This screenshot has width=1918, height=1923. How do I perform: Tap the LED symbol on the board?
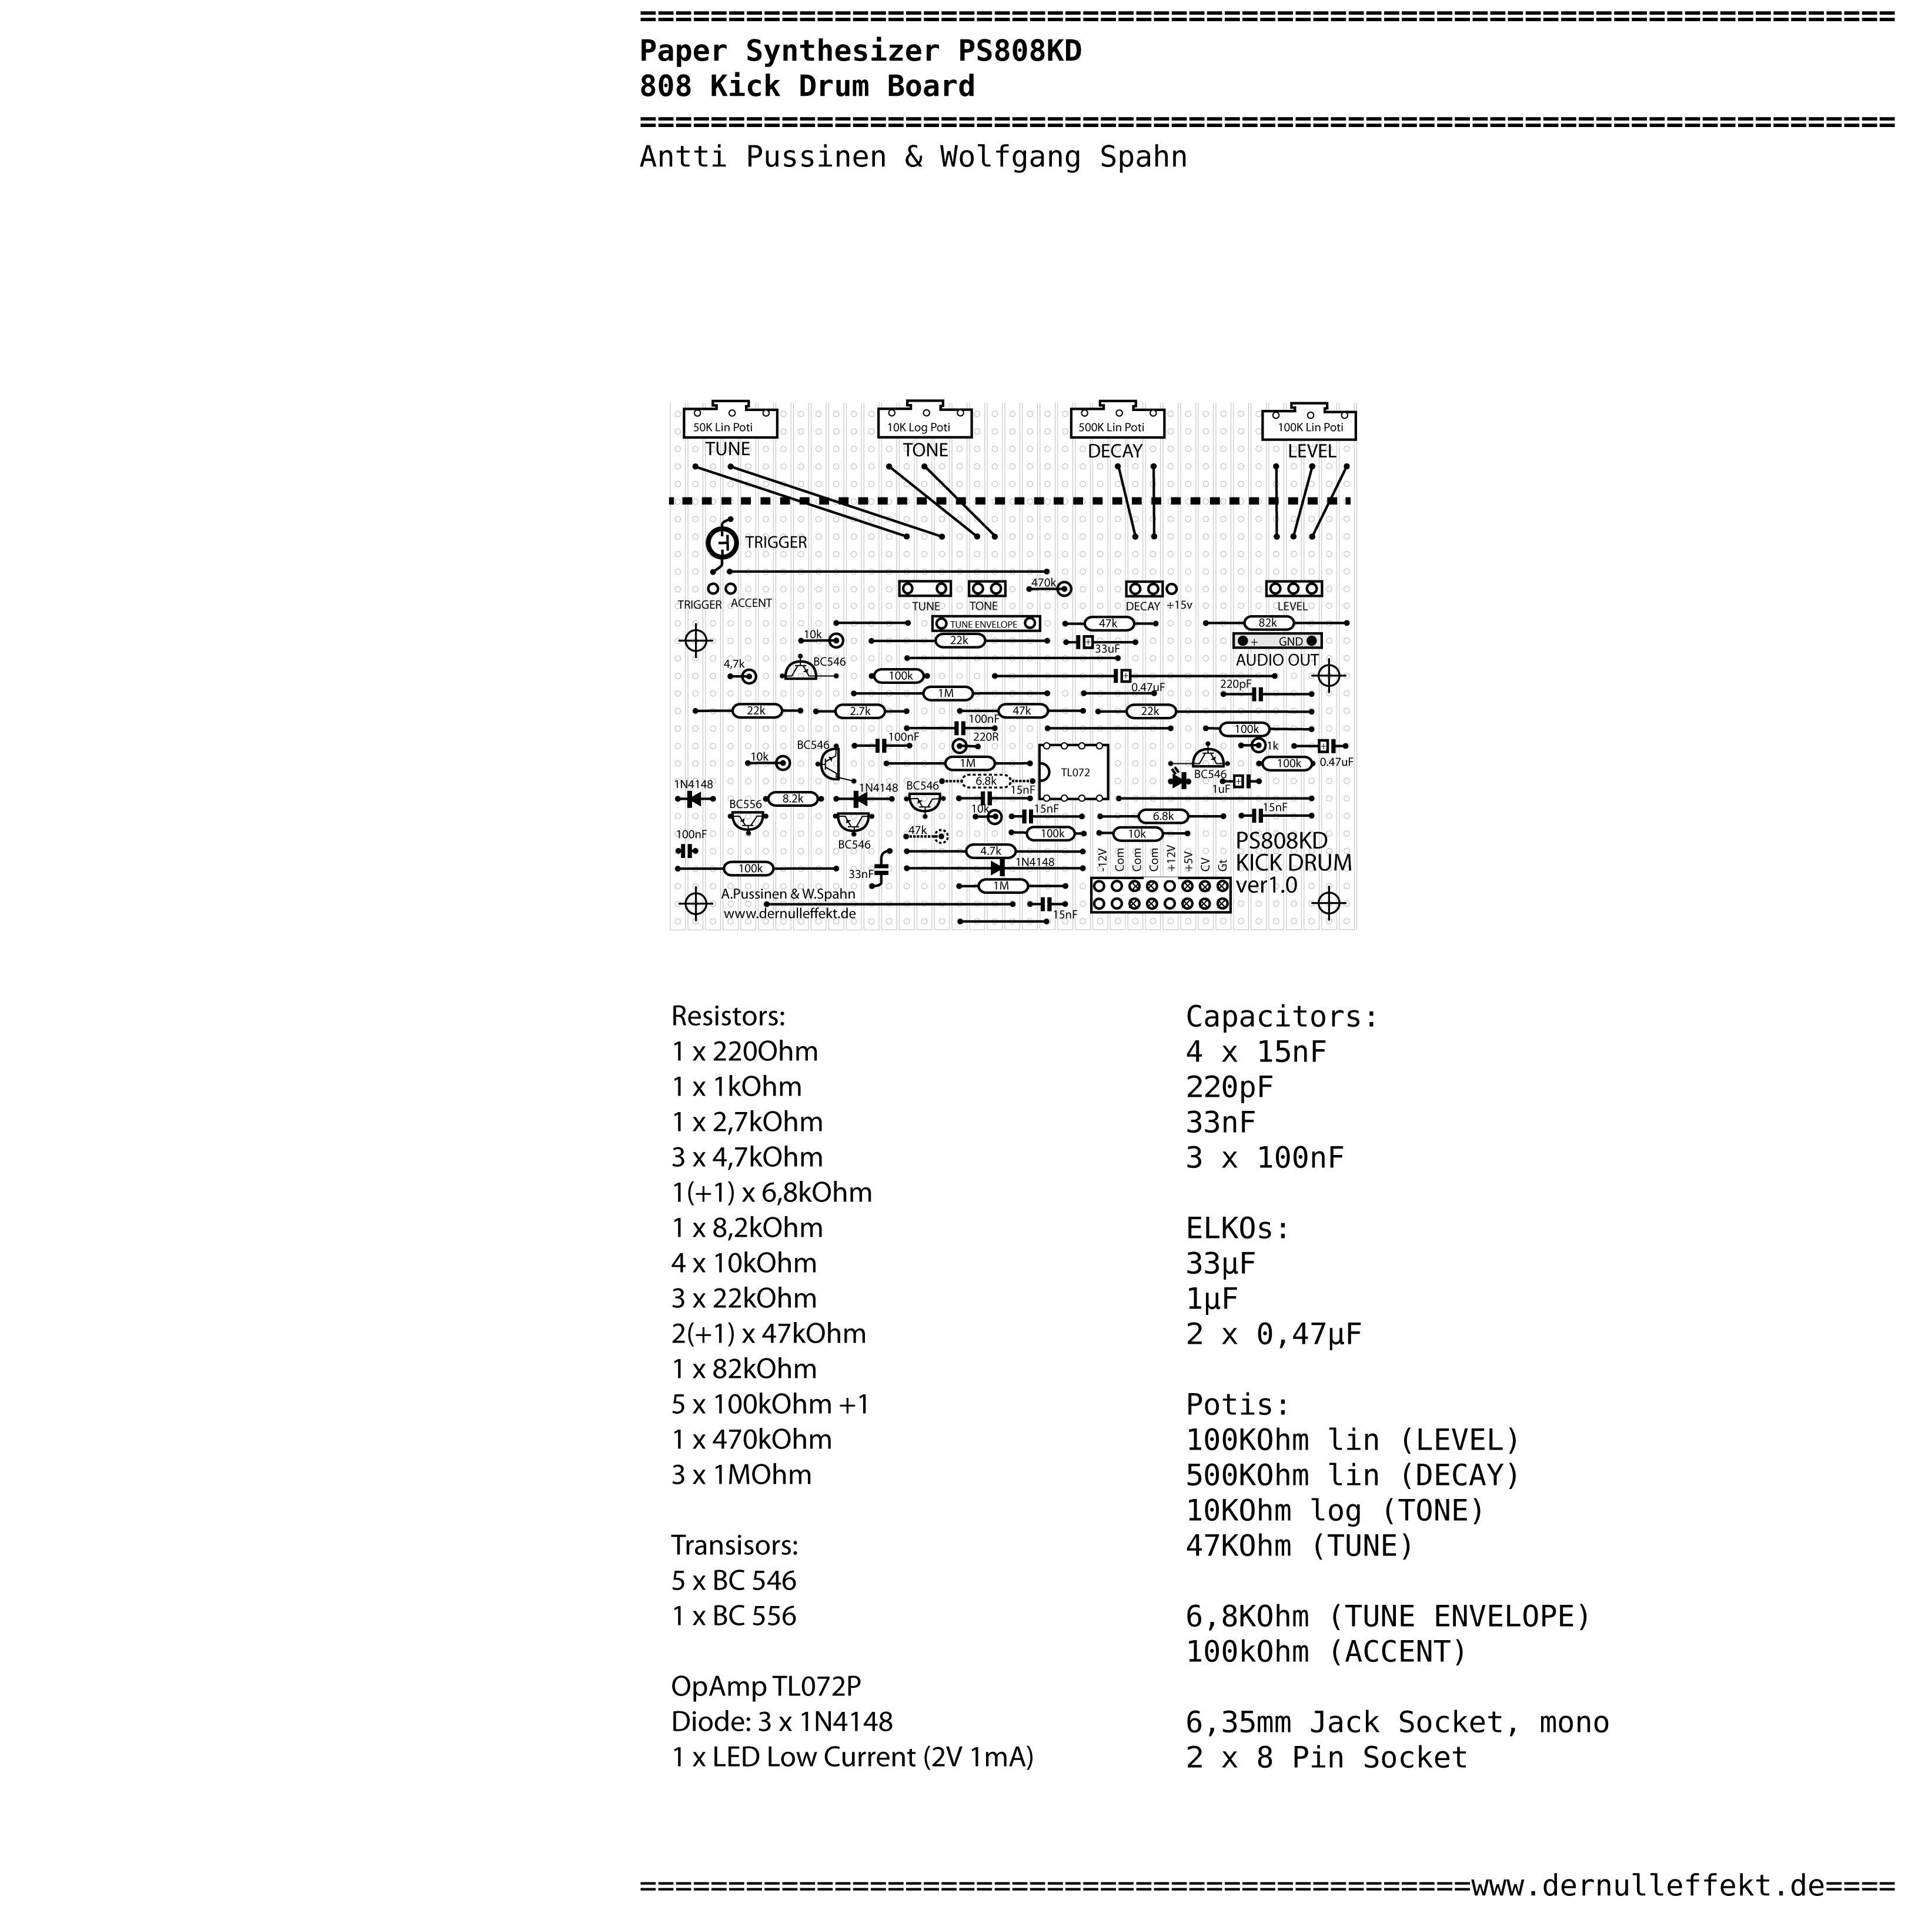point(1181,782)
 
